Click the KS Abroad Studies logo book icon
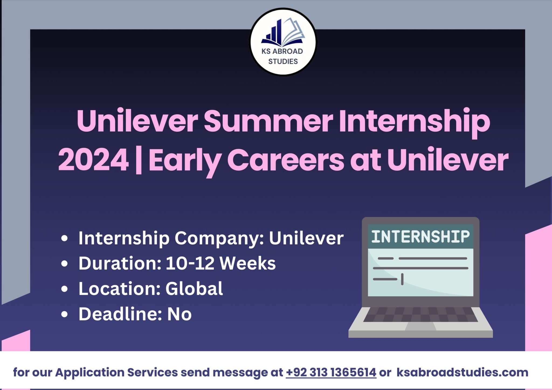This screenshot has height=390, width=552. click(x=283, y=32)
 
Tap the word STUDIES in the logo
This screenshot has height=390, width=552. click(x=283, y=62)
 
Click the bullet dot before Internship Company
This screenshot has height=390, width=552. click(x=64, y=239)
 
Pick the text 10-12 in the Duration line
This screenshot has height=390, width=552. click(x=190, y=263)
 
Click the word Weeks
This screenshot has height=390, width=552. click(x=248, y=263)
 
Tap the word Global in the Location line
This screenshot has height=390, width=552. click(x=194, y=288)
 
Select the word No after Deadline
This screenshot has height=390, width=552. click(x=179, y=314)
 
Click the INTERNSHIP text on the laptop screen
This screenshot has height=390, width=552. click(x=420, y=236)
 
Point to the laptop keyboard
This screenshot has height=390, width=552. click(x=420, y=314)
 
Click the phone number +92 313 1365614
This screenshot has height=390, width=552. click(x=331, y=372)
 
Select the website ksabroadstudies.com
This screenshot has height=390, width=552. click(x=462, y=372)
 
